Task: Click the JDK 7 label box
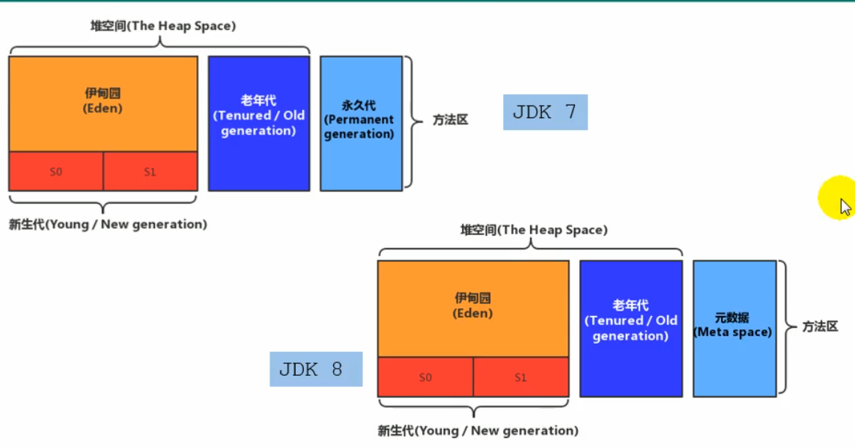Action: [545, 112]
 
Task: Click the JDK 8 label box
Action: [316, 369]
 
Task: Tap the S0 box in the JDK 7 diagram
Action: [56, 171]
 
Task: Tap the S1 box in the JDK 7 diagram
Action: [150, 171]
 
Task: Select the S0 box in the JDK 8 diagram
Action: [425, 377]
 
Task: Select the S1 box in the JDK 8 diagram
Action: [521, 377]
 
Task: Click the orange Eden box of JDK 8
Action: [473, 308]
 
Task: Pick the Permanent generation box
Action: [359, 124]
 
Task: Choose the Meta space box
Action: [734, 328]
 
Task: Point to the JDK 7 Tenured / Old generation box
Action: [258, 124]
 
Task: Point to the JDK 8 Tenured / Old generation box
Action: [631, 328]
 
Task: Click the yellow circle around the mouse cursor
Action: [836, 198]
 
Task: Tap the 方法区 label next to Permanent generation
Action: [450, 120]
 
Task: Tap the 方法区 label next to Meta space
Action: [820, 327]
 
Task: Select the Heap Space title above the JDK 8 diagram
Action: [534, 230]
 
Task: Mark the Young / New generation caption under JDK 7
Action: [108, 225]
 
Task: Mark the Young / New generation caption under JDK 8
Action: [478, 431]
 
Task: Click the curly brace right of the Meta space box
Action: [784, 327]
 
